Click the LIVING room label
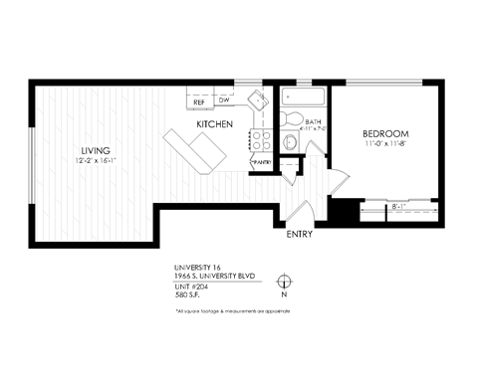point(95,151)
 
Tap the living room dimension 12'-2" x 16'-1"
point(95,161)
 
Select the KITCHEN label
point(214,124)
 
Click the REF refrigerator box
point(199,101)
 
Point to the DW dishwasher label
point(224,100)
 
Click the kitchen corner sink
point(258,100)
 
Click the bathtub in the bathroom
point(303,99)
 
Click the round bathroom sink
point(291,142)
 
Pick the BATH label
point(313,121)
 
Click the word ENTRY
point(300,236)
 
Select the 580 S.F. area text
point(187,294)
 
